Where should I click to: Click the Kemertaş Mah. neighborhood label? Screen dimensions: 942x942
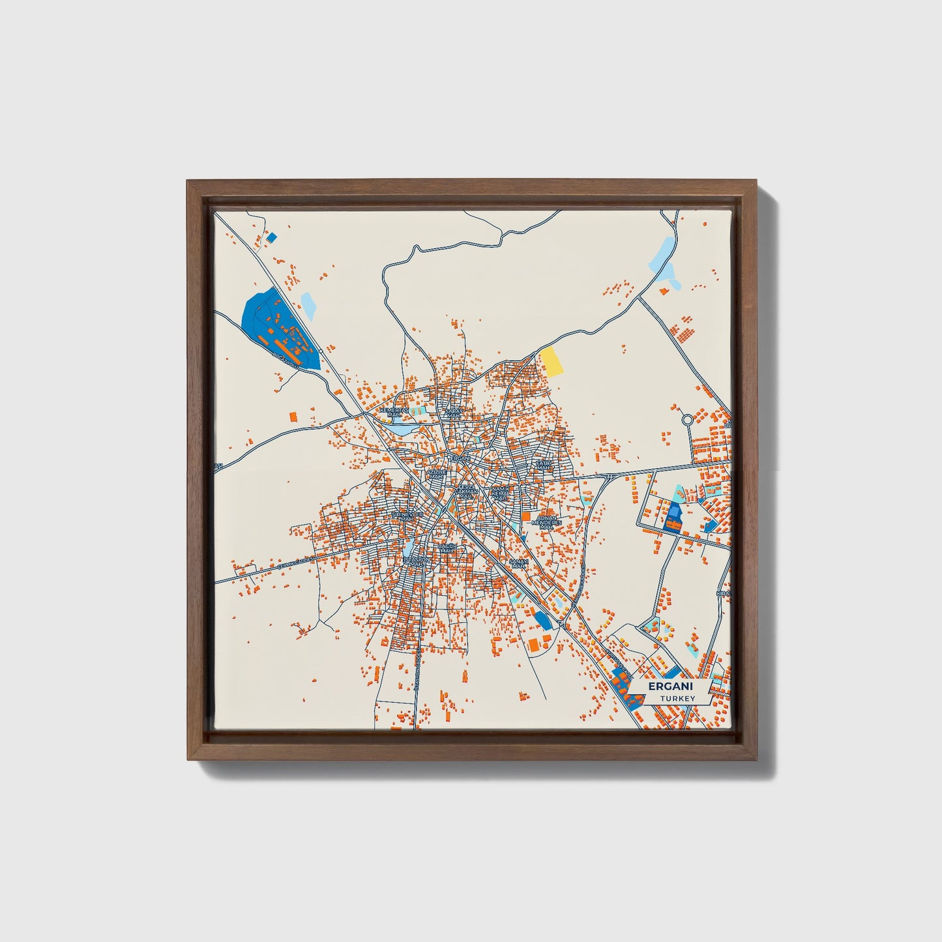click(x=397, y=412)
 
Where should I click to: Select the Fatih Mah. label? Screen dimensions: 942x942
click(x=543, y=465)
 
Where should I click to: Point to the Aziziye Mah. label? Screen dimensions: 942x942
click(x=436, y=474)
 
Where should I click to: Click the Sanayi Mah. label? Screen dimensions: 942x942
click(x=518, y=563)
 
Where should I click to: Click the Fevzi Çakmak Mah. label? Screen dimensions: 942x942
click(x=465, y=491)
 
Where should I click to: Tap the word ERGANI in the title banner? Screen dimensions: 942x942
click(x=670, y=686)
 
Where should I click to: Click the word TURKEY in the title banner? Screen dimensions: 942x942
click(x=677, y=698)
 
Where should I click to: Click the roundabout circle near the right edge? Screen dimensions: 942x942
click(x=687, y=420)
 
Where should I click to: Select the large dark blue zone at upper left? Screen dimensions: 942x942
click(x=277, y=329)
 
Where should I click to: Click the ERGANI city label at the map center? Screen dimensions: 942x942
click(x=460, y=458)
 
